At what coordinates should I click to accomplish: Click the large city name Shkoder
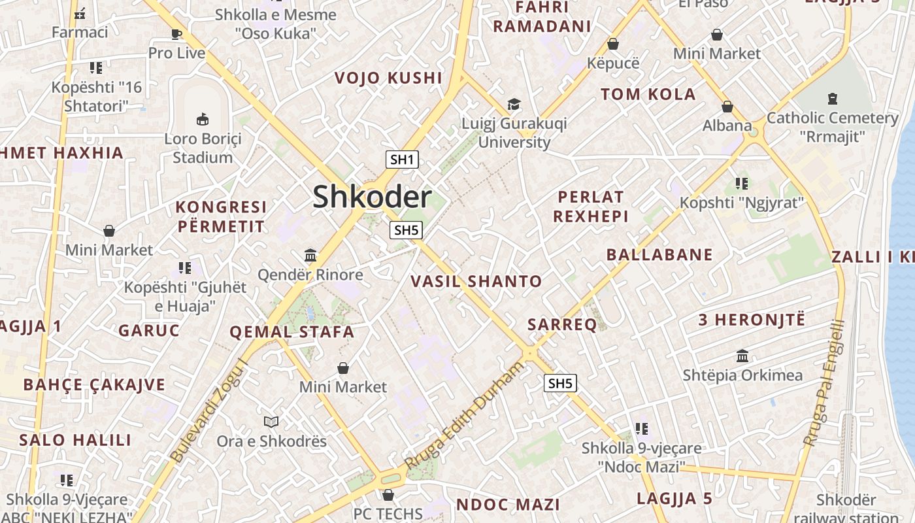pos(372,197)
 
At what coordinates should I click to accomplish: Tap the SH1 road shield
pos(402,160)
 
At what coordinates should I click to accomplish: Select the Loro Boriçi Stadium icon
pos(203,119)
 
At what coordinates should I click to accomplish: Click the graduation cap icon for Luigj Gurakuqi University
pos(514,105)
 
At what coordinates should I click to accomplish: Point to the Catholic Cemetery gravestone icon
pos(832,99)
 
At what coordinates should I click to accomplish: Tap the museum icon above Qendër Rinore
pos(310,255)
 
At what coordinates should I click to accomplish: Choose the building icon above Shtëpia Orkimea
pos(742,356)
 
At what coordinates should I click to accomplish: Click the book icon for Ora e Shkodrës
pos(271,422)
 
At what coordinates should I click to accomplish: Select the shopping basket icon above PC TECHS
pos(388,495)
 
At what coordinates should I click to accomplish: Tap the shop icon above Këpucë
pos(613,44)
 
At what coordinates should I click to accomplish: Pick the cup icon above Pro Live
pos(176,34)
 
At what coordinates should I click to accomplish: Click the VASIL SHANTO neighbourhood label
pos(476,282)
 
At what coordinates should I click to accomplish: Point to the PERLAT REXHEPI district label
pos(591,207)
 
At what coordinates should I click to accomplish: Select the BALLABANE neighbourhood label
pos(659,255)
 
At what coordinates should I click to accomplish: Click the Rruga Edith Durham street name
pos(465,415)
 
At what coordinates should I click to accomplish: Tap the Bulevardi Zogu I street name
pos(210,410)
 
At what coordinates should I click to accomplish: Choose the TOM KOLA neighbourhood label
pos(648,94)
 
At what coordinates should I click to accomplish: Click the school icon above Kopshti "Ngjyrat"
pos(741,183)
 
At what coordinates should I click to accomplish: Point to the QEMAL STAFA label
pos(291,332)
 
